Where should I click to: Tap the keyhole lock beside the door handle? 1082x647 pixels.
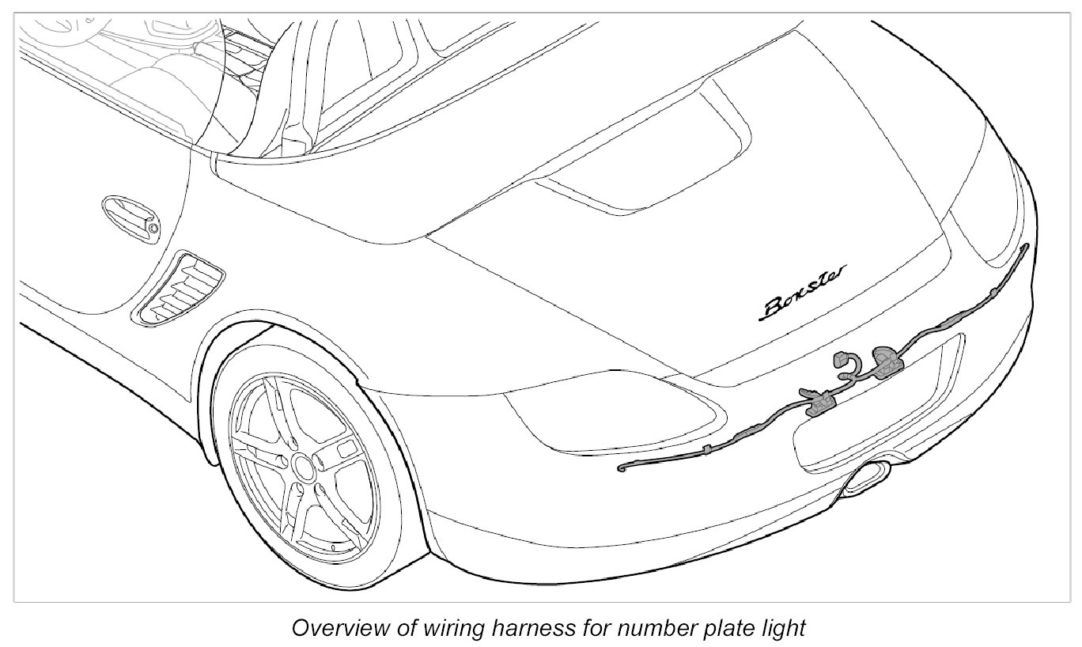[x=153, y=228]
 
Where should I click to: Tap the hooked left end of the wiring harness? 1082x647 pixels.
[x=623, y=469]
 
